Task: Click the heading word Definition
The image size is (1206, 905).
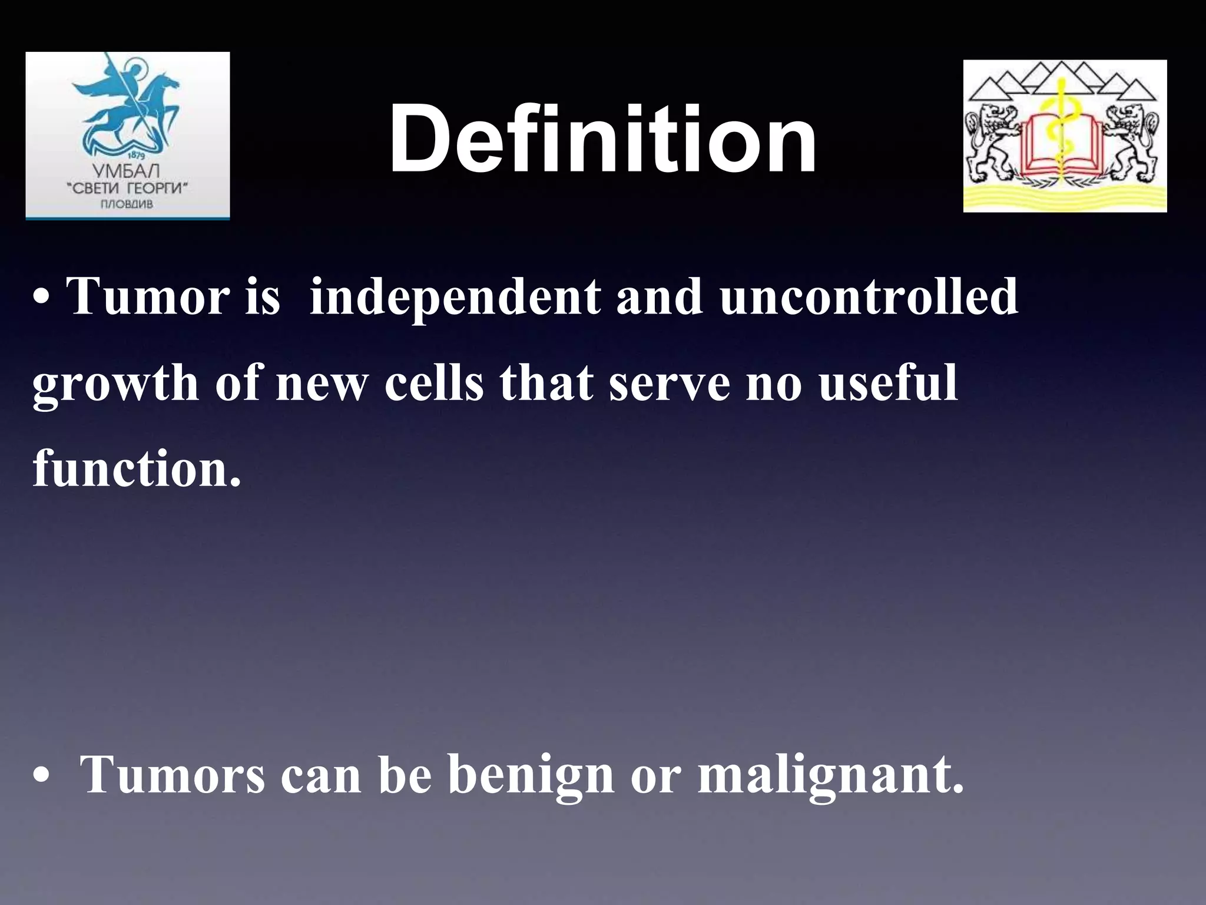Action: tap(602, 139)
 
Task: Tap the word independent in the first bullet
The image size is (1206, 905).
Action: tap(455, 297)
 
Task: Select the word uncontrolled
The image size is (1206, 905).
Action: tap(869, 297)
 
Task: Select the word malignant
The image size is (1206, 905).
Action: tap(830, 775)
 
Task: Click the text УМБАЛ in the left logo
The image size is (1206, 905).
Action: tap(126, 172)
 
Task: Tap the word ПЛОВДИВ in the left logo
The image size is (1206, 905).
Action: tap(127, 204)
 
